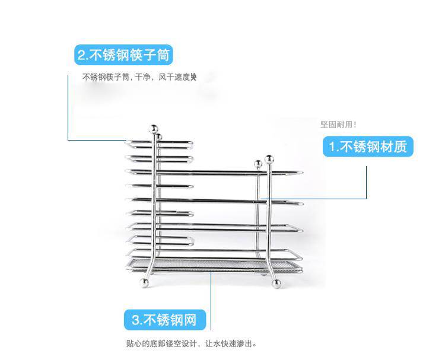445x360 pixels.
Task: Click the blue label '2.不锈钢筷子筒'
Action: click(x=124, y=56)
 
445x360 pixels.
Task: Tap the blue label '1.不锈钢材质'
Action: click(x=368, y=146)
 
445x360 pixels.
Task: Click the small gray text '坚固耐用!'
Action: click(x=338, y=125)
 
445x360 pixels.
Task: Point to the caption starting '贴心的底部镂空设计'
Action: click(x=192, y=343)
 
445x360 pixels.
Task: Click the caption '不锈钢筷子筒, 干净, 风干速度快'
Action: click(x=139, y=78)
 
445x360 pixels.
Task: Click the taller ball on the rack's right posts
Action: click(x=269, y=159)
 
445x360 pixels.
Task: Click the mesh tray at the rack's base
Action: click(x=211, y=263)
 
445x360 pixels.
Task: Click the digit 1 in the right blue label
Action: click(x=333, y=146)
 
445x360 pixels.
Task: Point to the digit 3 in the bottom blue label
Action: click(x=136, y=320)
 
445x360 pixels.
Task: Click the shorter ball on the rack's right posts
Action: click(x=258, y=163)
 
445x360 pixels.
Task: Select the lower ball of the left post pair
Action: click(x=158, y=138)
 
